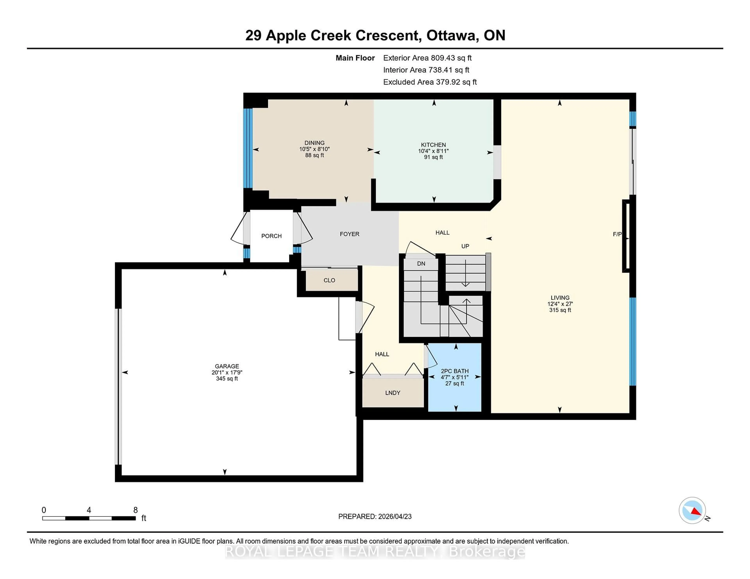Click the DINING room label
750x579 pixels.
point(314,143)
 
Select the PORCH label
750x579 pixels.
point(271,236)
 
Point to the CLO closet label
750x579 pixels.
point(329,280)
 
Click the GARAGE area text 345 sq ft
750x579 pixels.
point(227,379)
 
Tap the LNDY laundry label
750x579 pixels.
point(393,393)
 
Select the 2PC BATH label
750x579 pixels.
point(455,371)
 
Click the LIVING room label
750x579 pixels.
point(560,298)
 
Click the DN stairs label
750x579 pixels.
point(421,263)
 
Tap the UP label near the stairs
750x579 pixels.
point(465,246)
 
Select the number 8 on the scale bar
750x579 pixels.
point(136,510)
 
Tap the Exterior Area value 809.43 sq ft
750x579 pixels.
point(451,58)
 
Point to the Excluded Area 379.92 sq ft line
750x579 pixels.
point(430,82)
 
